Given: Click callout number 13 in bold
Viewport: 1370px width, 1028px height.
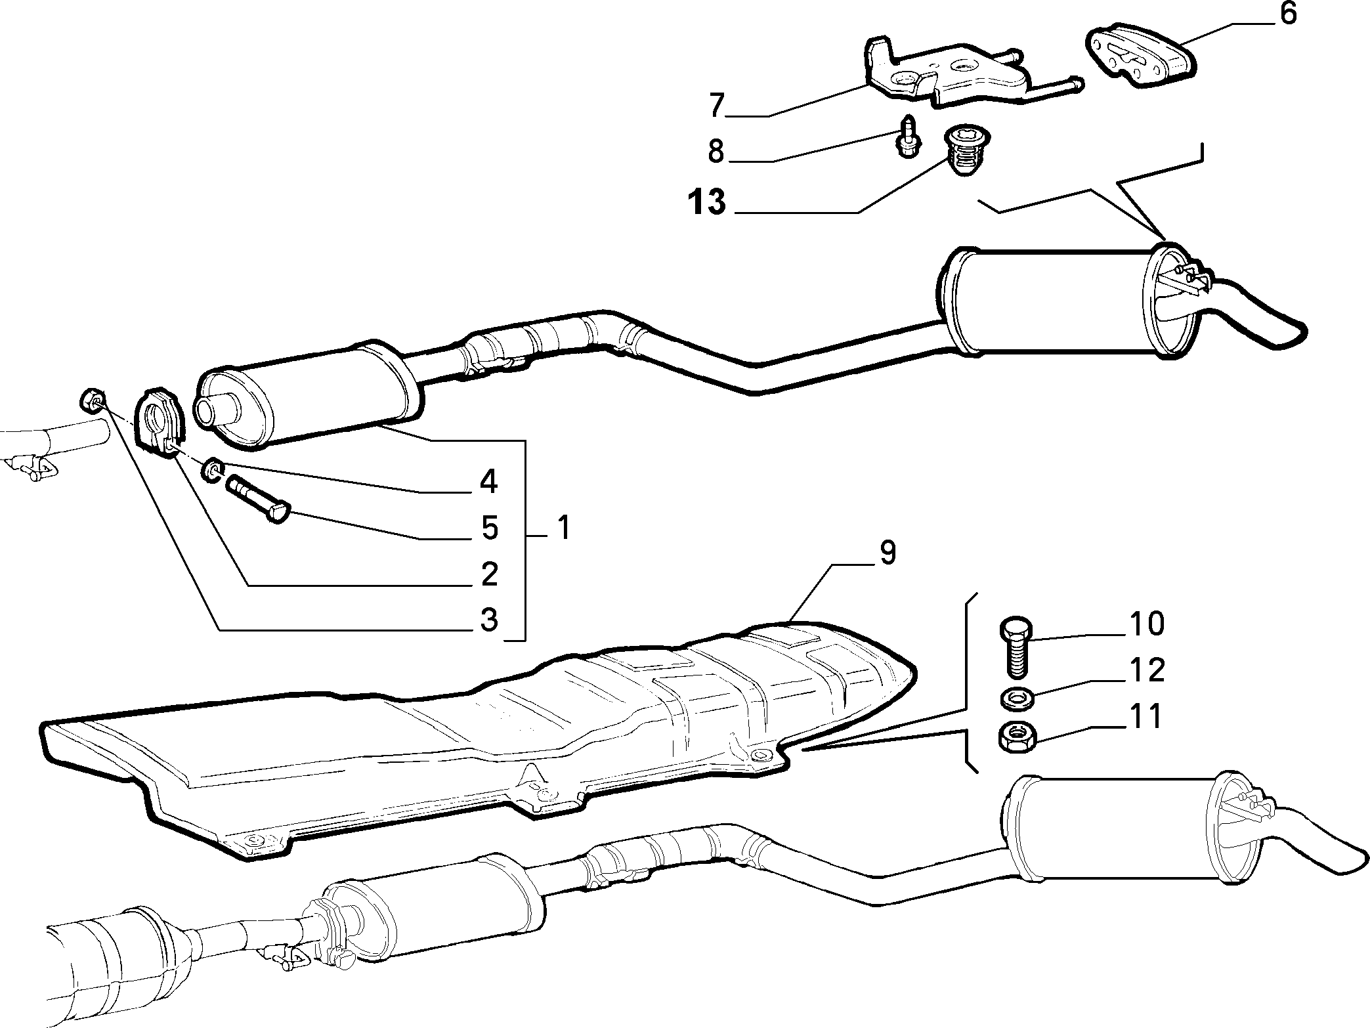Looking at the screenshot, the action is [707, 202].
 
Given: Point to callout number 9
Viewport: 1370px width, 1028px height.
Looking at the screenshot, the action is [887, 553].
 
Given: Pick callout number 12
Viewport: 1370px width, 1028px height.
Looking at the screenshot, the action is [1147, 670].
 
